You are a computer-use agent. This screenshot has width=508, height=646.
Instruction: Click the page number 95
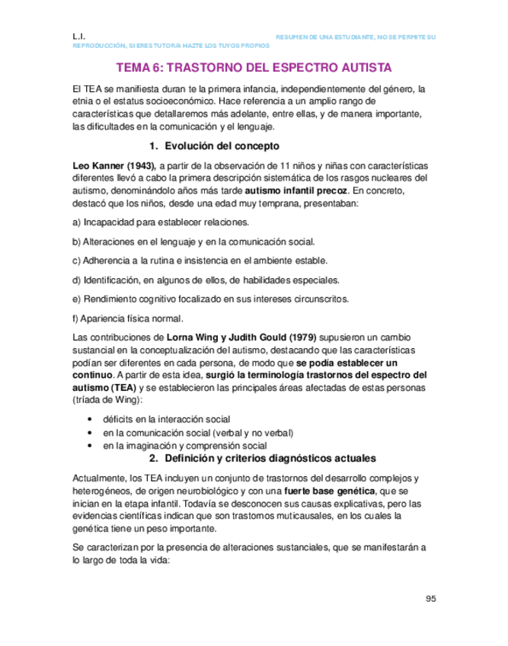click(430, 599)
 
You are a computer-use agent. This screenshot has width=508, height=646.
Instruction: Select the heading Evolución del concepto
click(214, 146)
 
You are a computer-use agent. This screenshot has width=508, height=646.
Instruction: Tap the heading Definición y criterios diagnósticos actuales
click(261, 459)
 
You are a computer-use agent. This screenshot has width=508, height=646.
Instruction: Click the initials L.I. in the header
click(78, 36)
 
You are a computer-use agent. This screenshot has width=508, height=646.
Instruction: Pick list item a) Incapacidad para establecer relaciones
click(160, 222)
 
